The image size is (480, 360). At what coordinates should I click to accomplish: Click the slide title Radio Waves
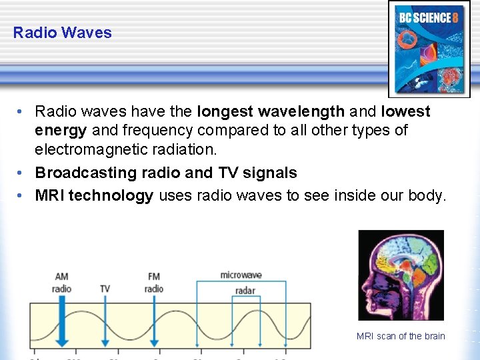click(x=62, y=33)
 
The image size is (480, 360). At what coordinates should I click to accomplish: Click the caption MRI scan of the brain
click(x=401, y=336)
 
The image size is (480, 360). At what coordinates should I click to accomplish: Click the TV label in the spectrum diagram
click(x=105, y=289)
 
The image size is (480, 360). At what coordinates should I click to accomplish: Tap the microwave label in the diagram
click(x=241, y=275)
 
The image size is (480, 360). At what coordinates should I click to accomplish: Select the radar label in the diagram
click(x=245, y=290)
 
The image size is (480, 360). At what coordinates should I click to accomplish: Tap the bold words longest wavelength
click(x=271, y=111)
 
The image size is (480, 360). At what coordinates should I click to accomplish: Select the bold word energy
click(x=61, y=130)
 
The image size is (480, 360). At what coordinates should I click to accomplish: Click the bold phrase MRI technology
click(x=94, y=195)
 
